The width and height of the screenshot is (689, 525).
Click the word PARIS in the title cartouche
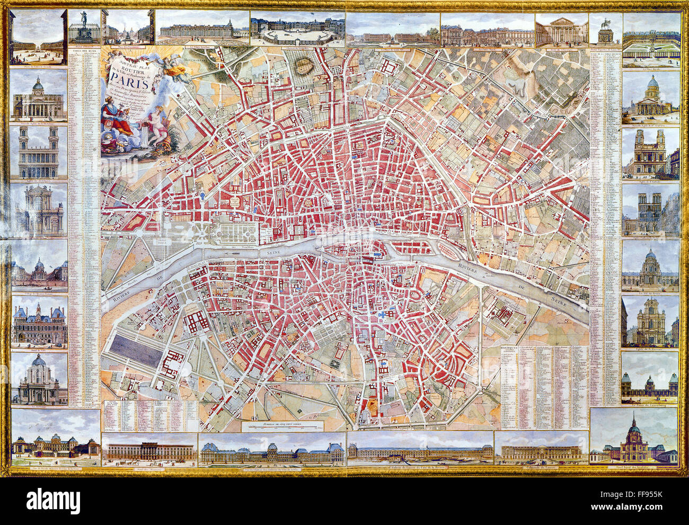tap(127, 73)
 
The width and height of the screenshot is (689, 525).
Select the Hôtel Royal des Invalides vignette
tap(634, 438)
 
